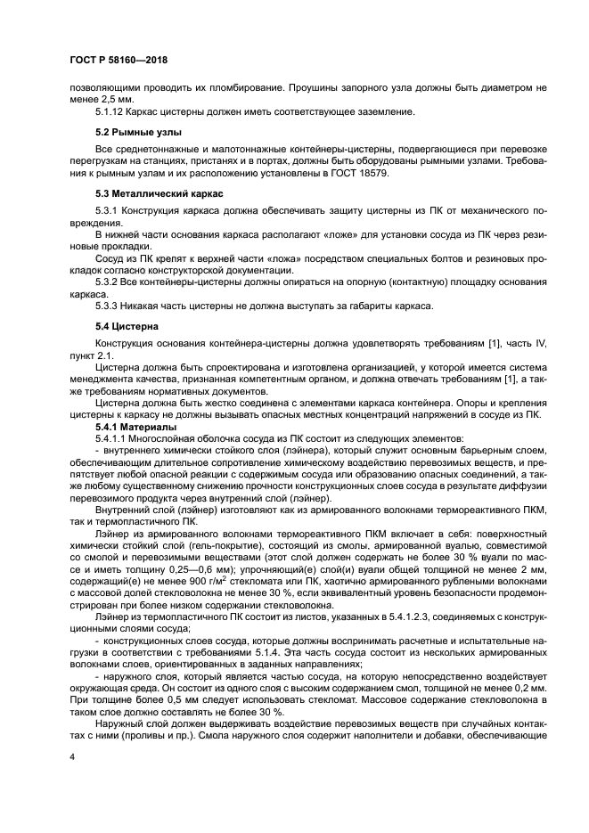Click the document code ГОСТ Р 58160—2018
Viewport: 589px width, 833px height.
114,59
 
